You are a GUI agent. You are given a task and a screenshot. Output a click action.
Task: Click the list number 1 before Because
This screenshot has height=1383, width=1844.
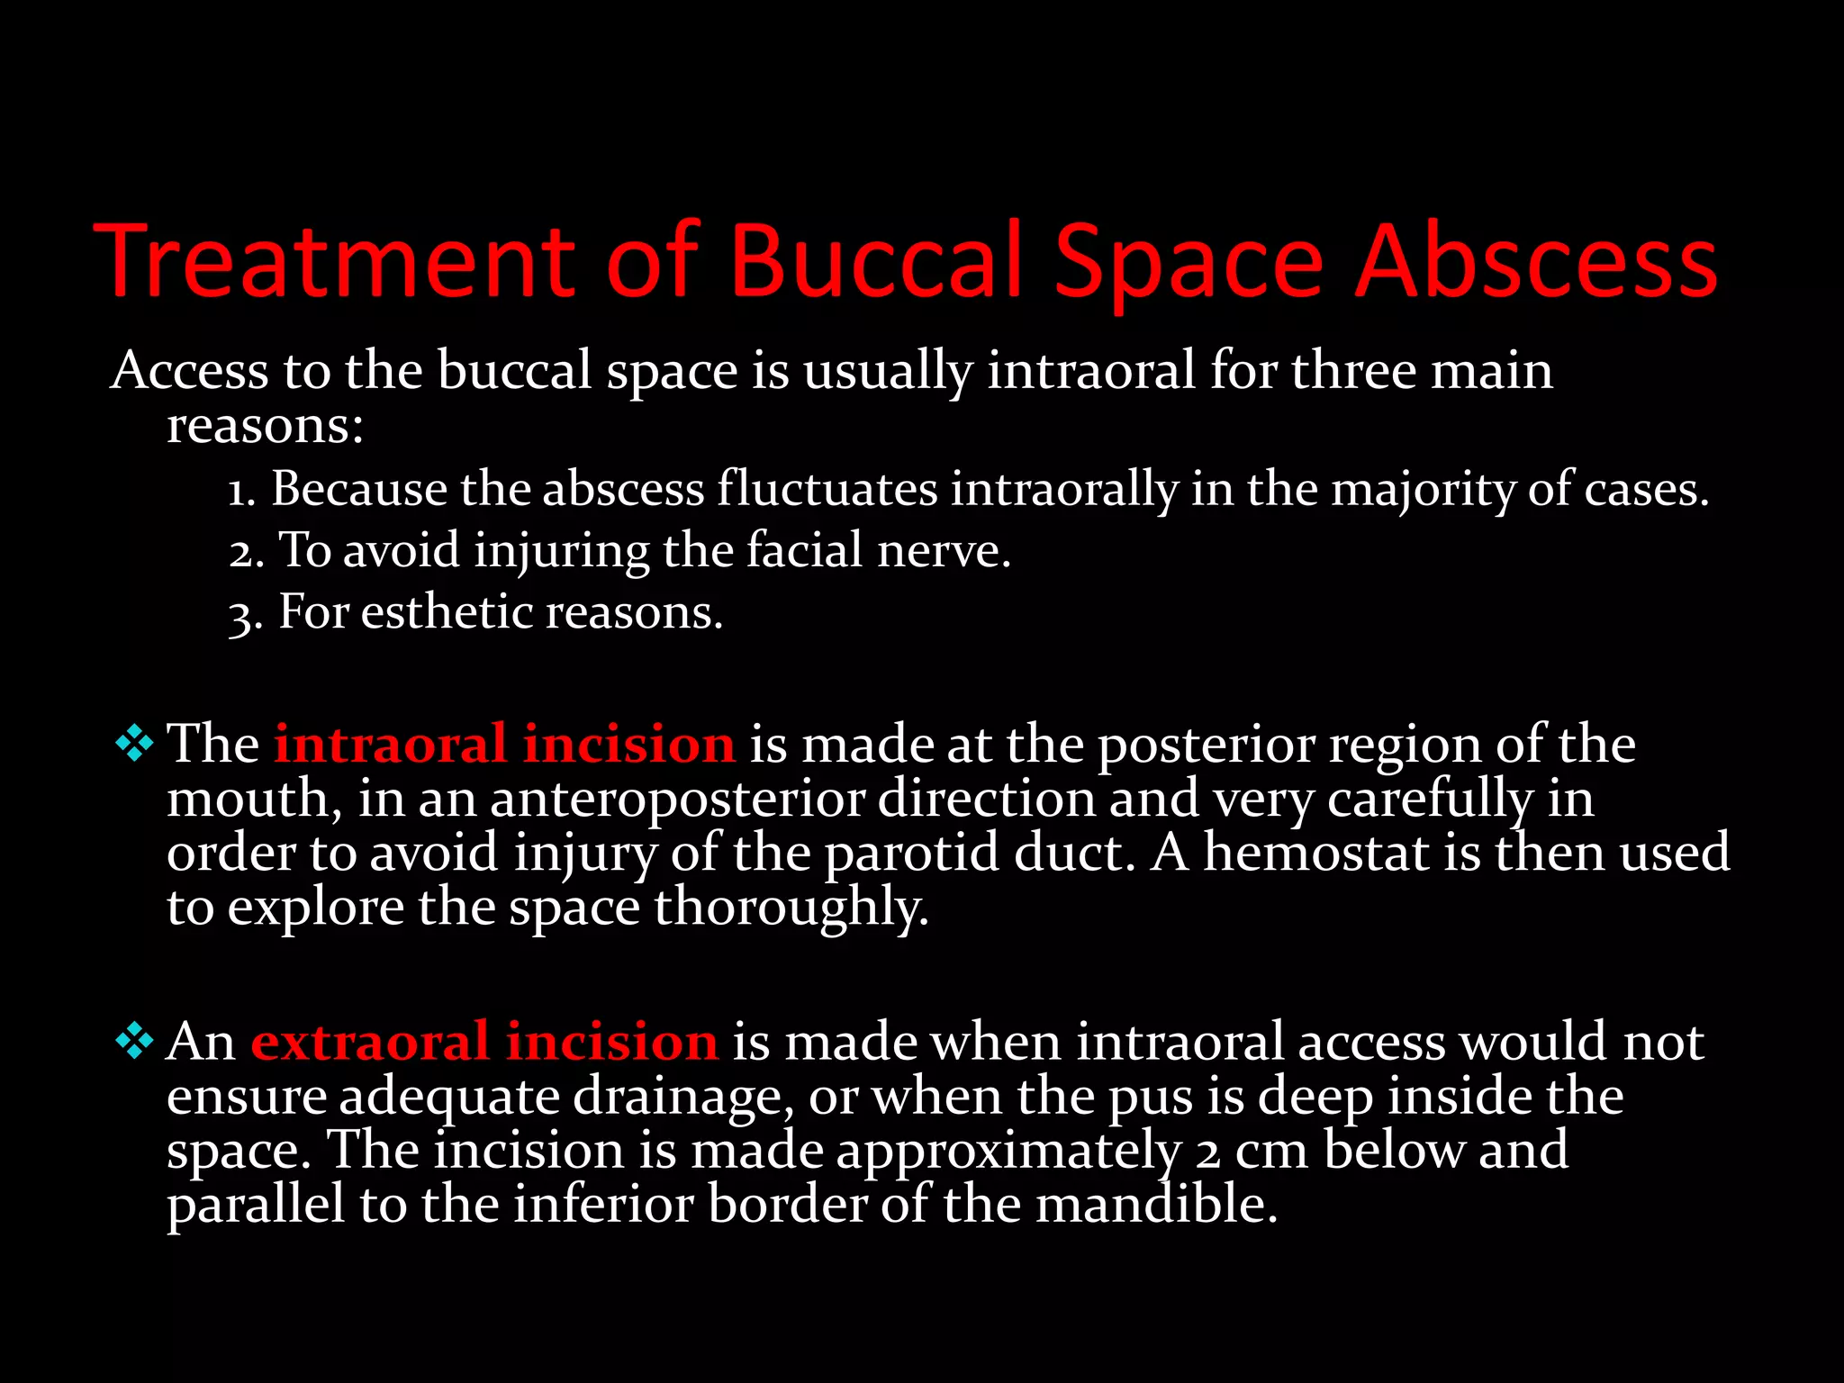(240, 492)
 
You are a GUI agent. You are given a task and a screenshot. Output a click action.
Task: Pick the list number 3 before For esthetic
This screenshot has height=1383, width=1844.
(243, 615)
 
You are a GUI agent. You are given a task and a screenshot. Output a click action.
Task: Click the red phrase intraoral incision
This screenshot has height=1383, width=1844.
(504, 745)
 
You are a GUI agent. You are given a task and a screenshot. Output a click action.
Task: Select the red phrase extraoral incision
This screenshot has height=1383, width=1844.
(484, 1042)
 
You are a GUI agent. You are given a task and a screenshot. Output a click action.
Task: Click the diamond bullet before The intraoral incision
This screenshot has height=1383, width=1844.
(134, 744)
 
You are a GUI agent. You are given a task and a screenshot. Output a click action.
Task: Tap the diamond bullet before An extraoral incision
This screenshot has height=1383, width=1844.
(134, 1041)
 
